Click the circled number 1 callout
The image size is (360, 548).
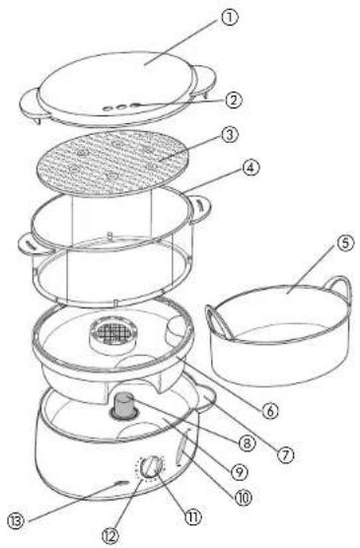[x=229, y=18]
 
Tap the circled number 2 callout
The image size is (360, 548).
[x=234, y=101]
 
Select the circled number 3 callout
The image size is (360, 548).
[x=230, y=135]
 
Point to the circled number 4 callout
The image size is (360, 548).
[x=251, y=169]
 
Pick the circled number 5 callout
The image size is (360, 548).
[x=345, y=243]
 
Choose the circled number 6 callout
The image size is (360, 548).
[x=270, y=411]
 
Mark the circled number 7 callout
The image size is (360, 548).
[x=285, y=455]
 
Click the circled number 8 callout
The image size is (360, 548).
[x=247, y=444]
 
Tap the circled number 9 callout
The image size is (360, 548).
[x=240, y=472]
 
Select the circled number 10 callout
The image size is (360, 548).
[x=243, y=498]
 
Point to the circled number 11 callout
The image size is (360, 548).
[x=192, y=516]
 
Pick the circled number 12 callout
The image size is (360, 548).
[x=110, y=536]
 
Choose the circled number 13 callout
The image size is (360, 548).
[x=16, y=521]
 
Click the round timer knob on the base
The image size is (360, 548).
[x=151, y=467]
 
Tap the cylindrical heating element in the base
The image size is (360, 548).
[x=124, y=405]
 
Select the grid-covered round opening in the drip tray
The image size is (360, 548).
[x=112, y=333]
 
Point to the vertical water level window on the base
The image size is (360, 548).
[x=181, y=447]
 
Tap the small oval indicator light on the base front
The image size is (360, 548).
[x=119, y=484]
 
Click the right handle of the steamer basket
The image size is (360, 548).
[x=199, y=209]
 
